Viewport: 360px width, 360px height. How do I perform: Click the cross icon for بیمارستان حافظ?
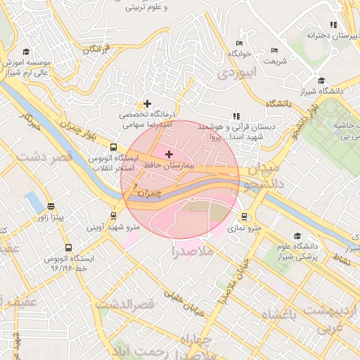coord(169,153)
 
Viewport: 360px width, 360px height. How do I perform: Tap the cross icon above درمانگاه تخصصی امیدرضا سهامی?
coord(147,103)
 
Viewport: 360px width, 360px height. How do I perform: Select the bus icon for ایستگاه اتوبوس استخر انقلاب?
coord(113,148)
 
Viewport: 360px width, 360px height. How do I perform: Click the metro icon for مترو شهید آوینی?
coord(113,216)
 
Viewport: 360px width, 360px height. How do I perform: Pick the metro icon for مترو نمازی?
coord(244,217)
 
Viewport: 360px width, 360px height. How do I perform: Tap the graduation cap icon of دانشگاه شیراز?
coord(321,80)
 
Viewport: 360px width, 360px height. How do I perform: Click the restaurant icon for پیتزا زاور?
coord(51,207)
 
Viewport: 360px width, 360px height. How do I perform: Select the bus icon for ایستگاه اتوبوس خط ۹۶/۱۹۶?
coord(68,247)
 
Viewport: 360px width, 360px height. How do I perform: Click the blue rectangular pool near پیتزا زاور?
coord(34,202)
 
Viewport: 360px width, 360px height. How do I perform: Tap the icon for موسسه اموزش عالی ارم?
coord(26,52)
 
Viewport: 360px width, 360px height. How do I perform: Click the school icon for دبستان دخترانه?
coord(333,25)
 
